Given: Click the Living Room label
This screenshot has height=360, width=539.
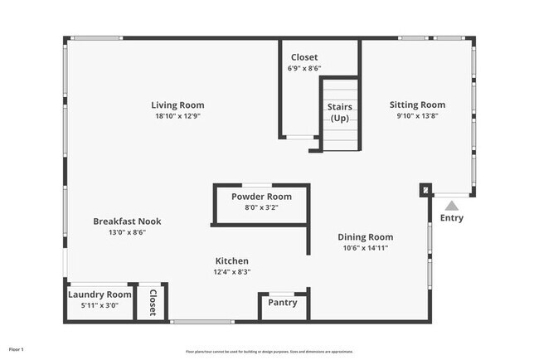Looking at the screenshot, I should (177, 105).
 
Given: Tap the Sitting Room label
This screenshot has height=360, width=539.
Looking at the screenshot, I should (417, 105).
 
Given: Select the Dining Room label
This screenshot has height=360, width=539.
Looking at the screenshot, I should (365, 236).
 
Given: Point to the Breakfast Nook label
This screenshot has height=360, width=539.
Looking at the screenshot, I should (127, 221).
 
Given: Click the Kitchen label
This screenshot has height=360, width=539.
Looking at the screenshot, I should (231, 260).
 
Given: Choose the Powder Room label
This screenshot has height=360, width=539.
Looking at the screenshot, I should (261, 197).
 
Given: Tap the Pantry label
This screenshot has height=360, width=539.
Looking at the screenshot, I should (283, 303).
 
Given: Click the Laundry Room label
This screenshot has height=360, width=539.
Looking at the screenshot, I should (100, 294).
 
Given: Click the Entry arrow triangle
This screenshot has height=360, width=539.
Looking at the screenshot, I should (451, 205).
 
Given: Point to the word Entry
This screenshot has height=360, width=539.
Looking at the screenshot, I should (452, 219).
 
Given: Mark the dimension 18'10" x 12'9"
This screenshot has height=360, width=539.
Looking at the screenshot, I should (177, 117).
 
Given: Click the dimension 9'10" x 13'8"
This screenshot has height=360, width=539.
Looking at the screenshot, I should (417, 117).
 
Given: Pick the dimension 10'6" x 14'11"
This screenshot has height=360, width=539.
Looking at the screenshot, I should (365, 247).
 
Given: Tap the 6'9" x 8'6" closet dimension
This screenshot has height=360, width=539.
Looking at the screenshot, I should (304, 69).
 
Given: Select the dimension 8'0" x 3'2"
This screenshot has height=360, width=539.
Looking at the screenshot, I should (261, 208).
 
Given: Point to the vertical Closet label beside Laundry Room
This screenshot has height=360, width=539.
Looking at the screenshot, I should (153, 303).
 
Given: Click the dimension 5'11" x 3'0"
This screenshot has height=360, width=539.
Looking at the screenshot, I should (100, 305).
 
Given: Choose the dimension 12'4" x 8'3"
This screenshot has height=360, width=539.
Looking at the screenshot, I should (231, 271).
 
